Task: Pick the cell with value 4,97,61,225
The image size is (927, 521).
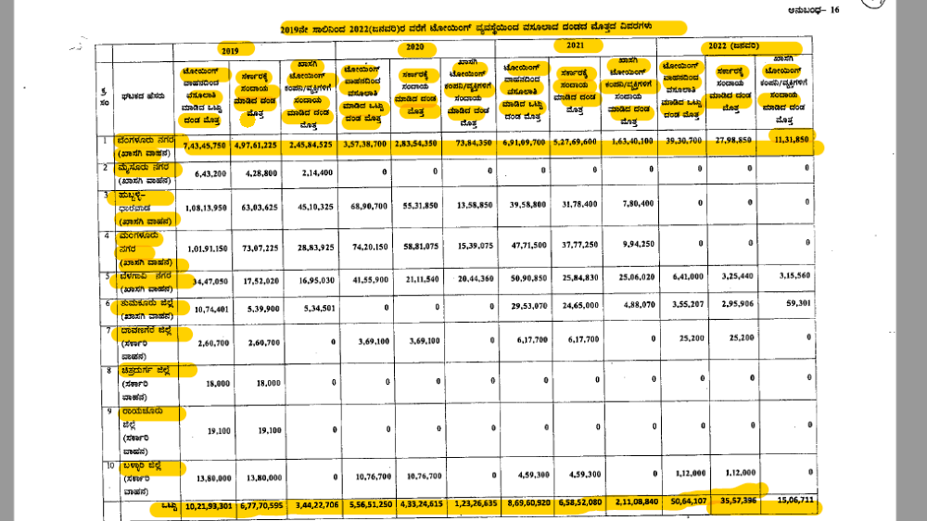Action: [x=255, y=146]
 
